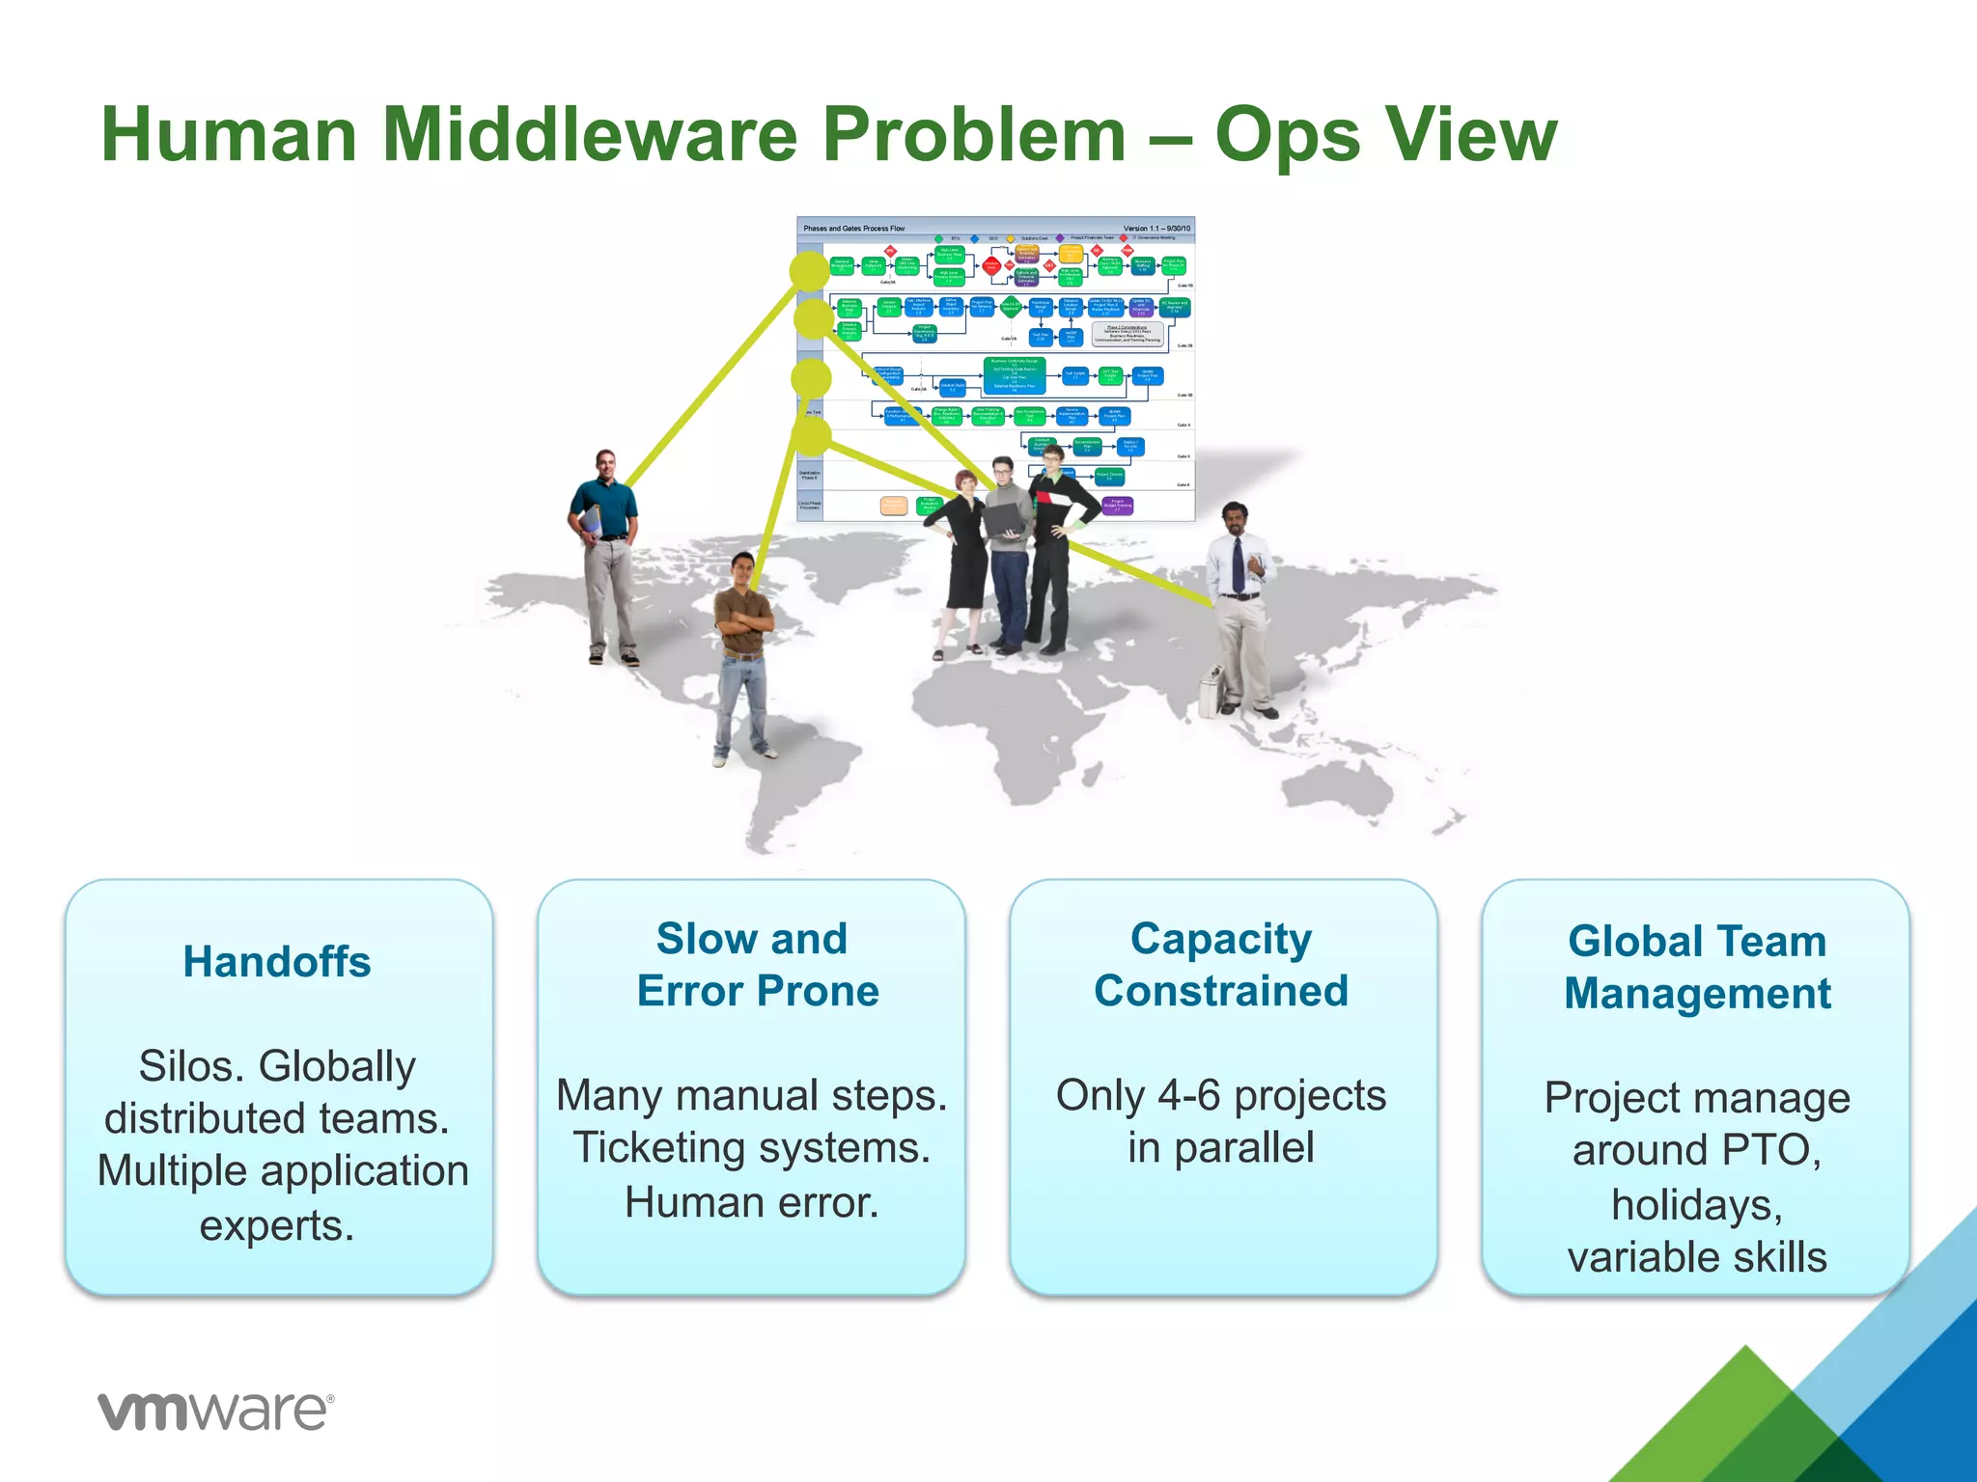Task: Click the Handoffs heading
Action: [277, 962]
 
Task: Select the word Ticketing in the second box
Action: [666, 1148]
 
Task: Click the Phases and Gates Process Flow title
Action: [853, 229]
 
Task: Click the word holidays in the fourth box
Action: [1696, 1205]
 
